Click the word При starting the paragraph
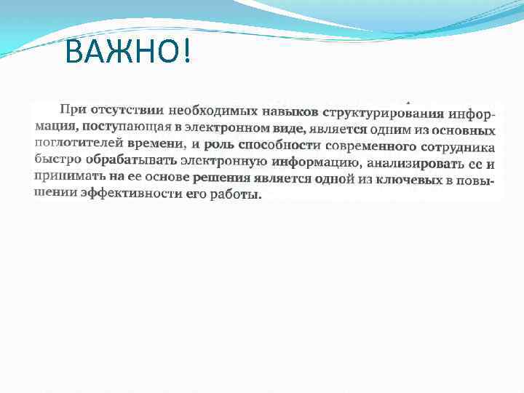(x=71, y=110)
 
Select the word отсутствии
(x=124, y=111)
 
